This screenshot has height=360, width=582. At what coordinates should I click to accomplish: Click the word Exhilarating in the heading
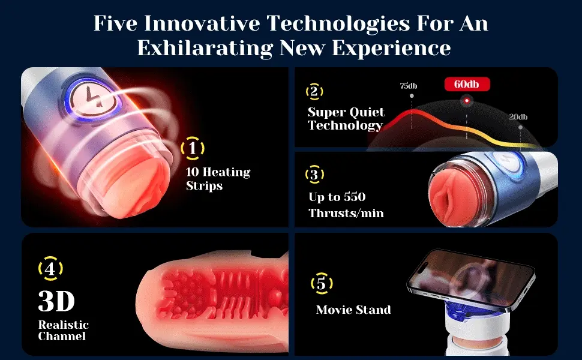(x=205, y=48)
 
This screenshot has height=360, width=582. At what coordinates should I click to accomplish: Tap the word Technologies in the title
(x=338, y=23)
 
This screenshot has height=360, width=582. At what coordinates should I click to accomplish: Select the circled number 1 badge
(x=192, y=148)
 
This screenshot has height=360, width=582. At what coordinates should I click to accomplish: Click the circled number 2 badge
(x=314, y=91)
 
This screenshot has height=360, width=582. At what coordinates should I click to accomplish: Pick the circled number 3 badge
(x=314, y=174)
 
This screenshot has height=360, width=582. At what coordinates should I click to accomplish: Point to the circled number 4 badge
(x=50, y=268)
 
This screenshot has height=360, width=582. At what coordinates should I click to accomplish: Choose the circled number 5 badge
(x=322, y=284)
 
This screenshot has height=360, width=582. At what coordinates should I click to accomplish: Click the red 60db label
(x=467, y=85)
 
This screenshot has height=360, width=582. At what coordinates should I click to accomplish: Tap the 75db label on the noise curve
(x=408, y=86)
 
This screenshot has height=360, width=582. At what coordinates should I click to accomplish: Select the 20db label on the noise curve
(x=518, y=117)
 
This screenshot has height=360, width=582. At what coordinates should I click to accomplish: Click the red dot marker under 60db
(x=467, y=101)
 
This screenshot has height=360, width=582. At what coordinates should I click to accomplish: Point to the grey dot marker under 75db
(x=412, y=96)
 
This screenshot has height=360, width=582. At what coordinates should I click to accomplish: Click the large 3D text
(x=56, y=301)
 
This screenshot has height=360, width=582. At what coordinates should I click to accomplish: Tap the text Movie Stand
(x=353, y=310)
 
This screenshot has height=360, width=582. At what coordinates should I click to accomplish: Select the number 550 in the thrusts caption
(x=354, y=197)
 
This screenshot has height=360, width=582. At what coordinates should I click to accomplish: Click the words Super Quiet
(x=346, y=112)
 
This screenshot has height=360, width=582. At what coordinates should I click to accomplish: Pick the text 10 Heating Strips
(x=218, y=179)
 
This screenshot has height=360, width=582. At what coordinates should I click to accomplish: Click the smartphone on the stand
(x=471, y=280)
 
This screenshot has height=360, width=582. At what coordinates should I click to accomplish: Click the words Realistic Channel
(x=63, y=331)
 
